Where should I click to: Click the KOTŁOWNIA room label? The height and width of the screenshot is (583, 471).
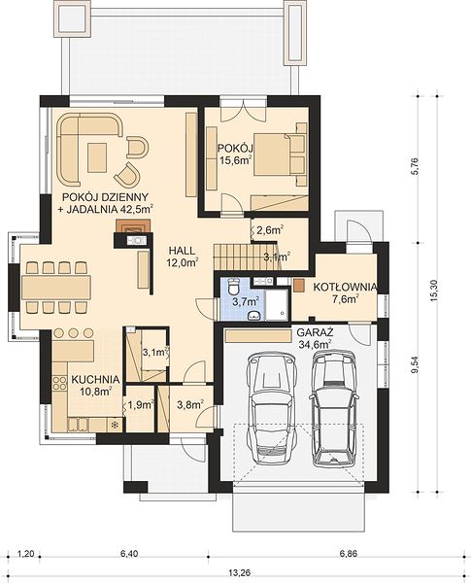(345, 287)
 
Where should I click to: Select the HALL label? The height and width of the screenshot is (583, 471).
(182, 251)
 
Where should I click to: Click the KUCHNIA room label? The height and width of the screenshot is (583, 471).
(95, 380)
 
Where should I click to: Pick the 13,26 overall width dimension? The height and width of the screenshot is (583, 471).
(240, 573)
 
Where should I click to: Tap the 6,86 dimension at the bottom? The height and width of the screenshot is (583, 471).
(348, 554)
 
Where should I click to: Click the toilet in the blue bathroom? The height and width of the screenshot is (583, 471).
(234, 286)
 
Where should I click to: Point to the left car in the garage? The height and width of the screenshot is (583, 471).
(271, 408)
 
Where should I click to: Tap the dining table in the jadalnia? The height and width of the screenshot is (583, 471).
(56, 287)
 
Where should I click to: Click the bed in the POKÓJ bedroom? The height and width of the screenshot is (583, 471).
(279, 154)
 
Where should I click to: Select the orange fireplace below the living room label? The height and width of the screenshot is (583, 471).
(133, 226)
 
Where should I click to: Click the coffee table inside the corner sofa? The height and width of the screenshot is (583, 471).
(97, 157)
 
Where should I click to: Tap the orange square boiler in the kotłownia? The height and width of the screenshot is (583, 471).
(299, 285)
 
